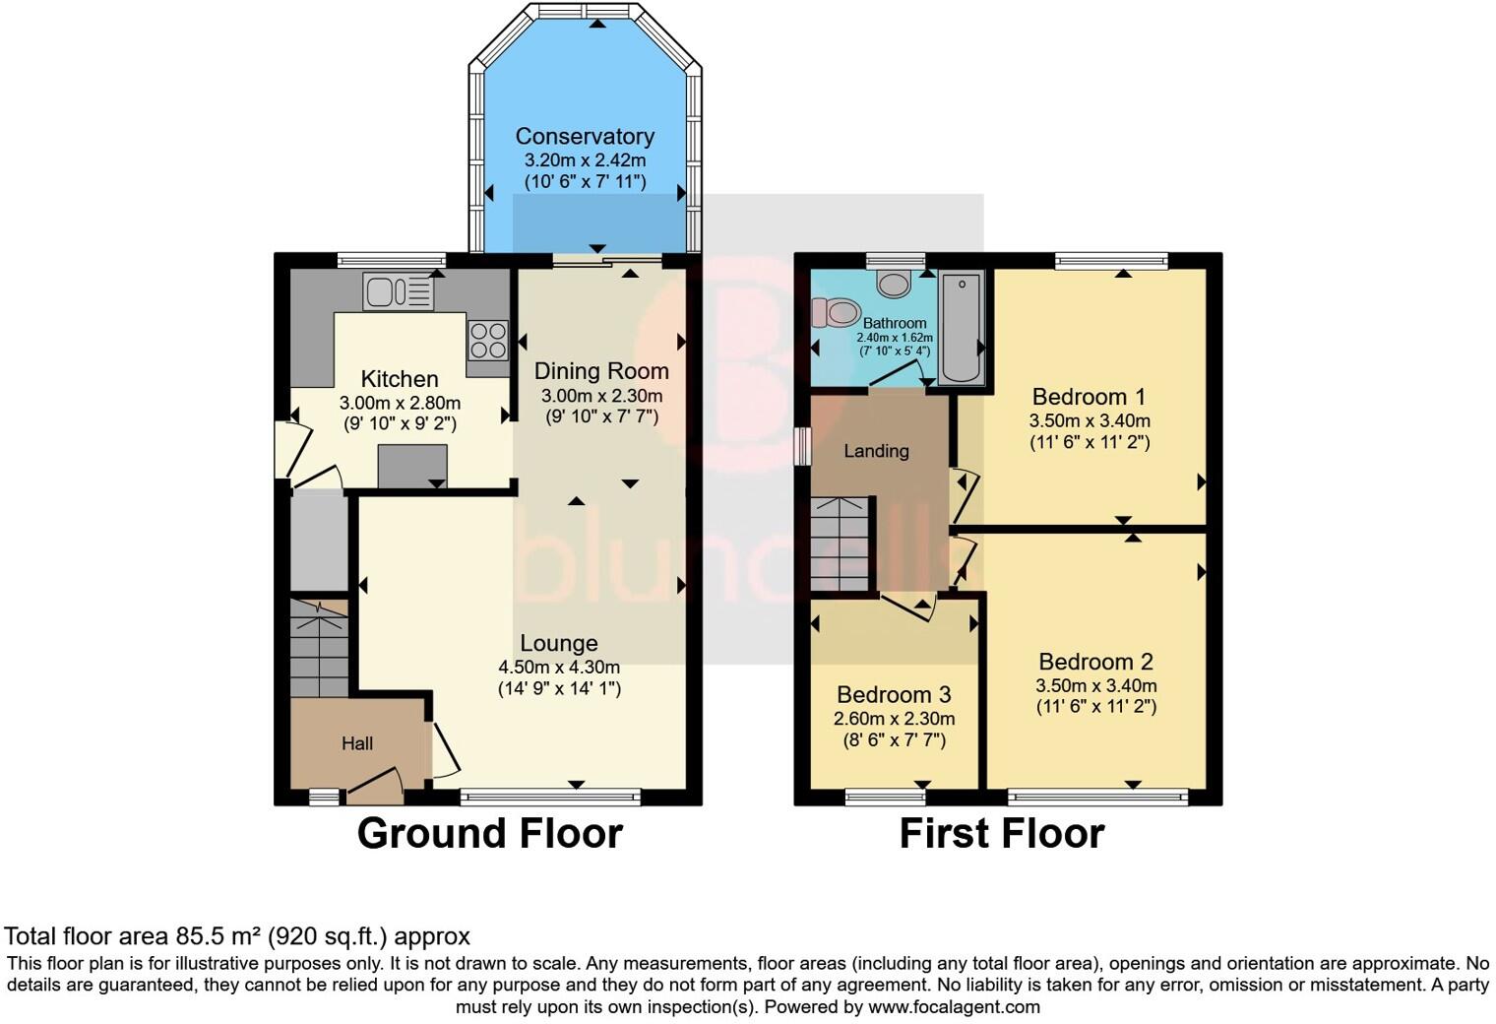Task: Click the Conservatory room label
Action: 585,137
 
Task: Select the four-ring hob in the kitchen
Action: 487,341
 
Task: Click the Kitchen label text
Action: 400,379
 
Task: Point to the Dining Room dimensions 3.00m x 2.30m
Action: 601,396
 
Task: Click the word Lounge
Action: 559,643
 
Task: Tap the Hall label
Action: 357,743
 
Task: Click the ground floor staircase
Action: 320,650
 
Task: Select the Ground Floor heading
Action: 489,834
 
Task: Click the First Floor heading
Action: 1001,834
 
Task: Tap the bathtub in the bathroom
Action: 961,328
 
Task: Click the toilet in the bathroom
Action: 837,314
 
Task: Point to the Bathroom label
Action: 895,323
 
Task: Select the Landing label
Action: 876,451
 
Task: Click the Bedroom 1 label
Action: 1089,397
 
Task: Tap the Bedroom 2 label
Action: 1095,662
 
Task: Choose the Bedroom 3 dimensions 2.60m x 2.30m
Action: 894,719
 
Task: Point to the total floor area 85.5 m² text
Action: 237,936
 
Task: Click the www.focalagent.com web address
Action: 954,1007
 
